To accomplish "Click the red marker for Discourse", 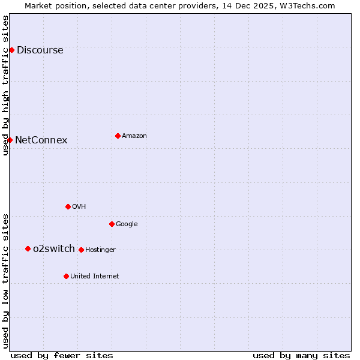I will (x=11, y=50).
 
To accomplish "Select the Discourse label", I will (x=40, y=50).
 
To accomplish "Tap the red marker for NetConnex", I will (x=10, y=140).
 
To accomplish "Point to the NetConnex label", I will (x=41, y=140).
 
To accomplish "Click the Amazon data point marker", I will (x=118, y=136).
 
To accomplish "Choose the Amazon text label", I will (x=134, y=136).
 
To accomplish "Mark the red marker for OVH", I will (x=68, y=206).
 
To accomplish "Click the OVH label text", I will (x=79, y=207).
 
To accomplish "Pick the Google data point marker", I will (x=112, y=224).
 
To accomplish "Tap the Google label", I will (x=127, y=224).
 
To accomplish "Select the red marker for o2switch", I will (x=28, y=248).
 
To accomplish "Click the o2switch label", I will (x=54, y=249).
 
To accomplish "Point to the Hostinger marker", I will (x=81, y=250).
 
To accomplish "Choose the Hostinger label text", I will (x=100, y=250).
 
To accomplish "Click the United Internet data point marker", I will (x=66, y=276).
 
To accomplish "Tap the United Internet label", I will (x=95, y=277).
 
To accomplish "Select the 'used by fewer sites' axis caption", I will (x=62, y=355).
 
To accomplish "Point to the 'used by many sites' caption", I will (x=301, y=355).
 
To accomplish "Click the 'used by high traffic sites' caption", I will (x=6, y=85).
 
